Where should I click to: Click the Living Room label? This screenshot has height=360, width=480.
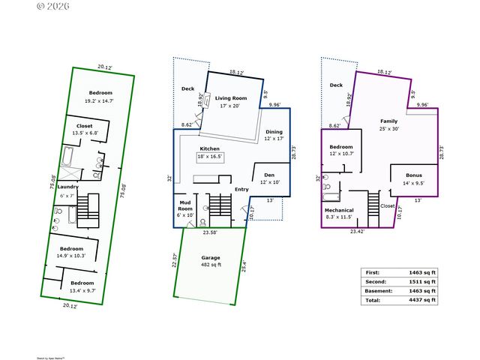tap(232, 98)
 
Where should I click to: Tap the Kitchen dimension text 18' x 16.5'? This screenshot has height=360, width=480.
tap(209, 157)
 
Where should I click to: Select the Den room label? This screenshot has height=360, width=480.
tap(269, 174)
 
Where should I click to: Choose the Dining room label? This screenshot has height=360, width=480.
tap(274, 132)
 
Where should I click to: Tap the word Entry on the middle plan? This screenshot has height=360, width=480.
tap(241, 189)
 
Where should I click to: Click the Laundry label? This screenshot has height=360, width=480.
tap(68, 187)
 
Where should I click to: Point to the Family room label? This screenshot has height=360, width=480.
tap(388, 121)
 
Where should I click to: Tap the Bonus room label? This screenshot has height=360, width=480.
tap(413, 175)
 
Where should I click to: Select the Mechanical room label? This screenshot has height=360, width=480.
tap(340, 211)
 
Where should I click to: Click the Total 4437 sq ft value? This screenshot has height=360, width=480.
tap(422, 300)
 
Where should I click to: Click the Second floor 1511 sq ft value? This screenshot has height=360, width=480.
tap(422, 281)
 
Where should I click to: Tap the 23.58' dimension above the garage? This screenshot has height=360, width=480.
tap(211, 232)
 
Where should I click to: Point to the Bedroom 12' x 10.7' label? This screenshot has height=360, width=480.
tap(340, 147)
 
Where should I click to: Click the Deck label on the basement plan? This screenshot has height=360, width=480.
tap(336, 85)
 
